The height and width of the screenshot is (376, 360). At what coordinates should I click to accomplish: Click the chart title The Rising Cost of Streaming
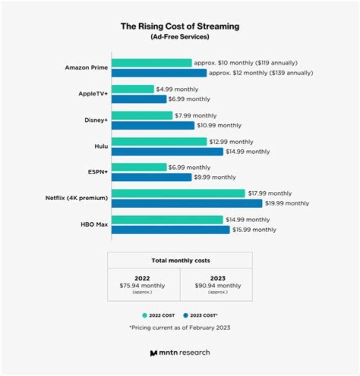(180, 26)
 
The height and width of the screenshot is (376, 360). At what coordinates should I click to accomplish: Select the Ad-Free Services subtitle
(180, 36)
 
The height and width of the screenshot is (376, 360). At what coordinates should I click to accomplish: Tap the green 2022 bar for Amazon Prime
(151, 63)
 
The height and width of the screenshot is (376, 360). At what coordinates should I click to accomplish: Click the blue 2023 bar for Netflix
(186, 203)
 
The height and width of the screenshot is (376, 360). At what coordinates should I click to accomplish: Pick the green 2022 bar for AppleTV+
(132, 89)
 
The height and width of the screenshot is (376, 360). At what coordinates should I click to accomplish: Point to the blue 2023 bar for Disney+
(152, 125)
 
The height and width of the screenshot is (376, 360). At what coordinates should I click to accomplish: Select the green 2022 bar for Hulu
(159, 142)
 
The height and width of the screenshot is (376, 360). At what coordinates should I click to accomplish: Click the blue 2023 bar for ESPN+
(151, 177)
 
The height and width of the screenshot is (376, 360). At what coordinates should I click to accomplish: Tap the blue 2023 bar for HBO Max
(170, 230)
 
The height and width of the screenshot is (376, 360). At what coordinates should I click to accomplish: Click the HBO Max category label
(95, 225)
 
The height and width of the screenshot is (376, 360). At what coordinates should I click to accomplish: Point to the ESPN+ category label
(97, 172)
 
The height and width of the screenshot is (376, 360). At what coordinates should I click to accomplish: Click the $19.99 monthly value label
(287, 203)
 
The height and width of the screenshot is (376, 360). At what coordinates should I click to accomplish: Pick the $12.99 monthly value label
(231, 142)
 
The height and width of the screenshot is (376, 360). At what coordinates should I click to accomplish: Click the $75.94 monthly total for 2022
(142, 286)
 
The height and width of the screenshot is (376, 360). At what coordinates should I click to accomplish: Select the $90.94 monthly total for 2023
(218, 286)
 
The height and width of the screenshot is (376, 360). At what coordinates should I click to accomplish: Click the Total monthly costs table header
(180, 260)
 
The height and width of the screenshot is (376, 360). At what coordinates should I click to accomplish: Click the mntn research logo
(180, 353)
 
